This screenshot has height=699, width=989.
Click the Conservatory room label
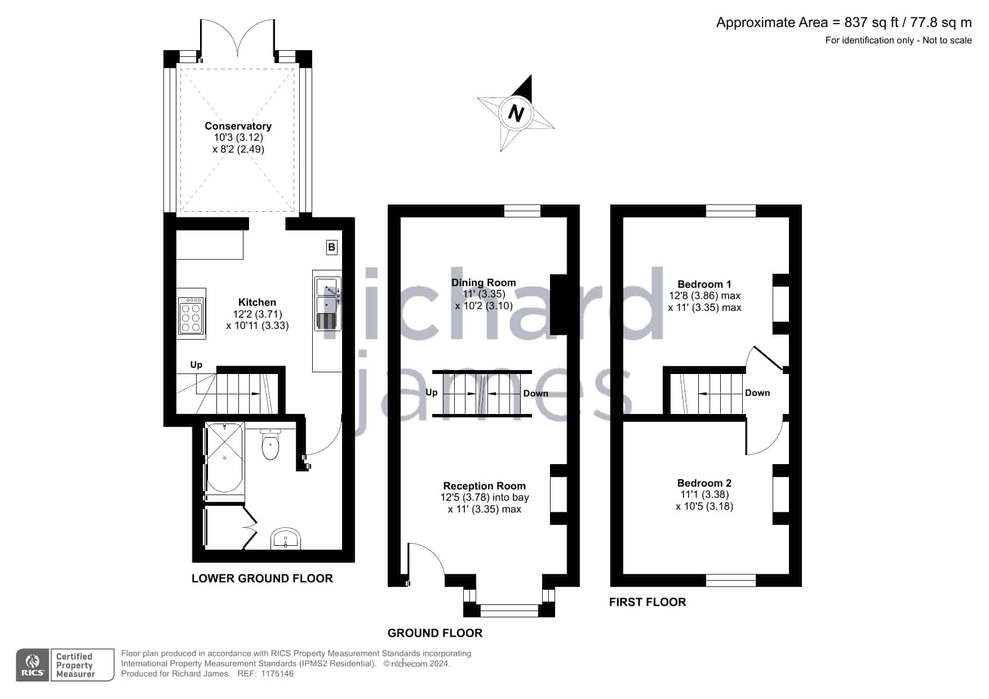pyautogui.click(x=238, y=126)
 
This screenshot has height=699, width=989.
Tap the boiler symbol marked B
pyautogui.click(x=332, y=247)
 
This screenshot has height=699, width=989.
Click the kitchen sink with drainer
pyautogui.click(x=327, y=304)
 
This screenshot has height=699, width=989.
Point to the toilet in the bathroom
pyautogui.click(x=270, y=444)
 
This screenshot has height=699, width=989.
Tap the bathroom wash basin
pyautogui.click(x=286, y=539)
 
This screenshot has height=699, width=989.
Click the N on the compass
pyautogui.click(x=516, y=113)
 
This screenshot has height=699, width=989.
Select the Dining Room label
pyautogui.click(x=484, y=283)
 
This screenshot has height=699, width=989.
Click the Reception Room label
pyautogui.click(x=484, y=486)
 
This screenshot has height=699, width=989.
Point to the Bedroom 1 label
pyautogui.click(x=704, y=284)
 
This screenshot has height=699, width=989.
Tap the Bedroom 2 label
pyautogui.click(x=704, y=483)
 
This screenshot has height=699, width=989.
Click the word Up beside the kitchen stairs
pyautogui.click(x=196, y=365)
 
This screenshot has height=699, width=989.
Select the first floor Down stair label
pyautogui.click(x=757, y=393)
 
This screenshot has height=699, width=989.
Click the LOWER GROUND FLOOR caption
pyautogui.click(x=262, y=578)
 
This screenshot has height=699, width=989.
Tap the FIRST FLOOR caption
pyautogui.click(x=647, y=602)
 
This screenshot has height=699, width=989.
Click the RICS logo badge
pyautogui.click(x=33, y=665)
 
